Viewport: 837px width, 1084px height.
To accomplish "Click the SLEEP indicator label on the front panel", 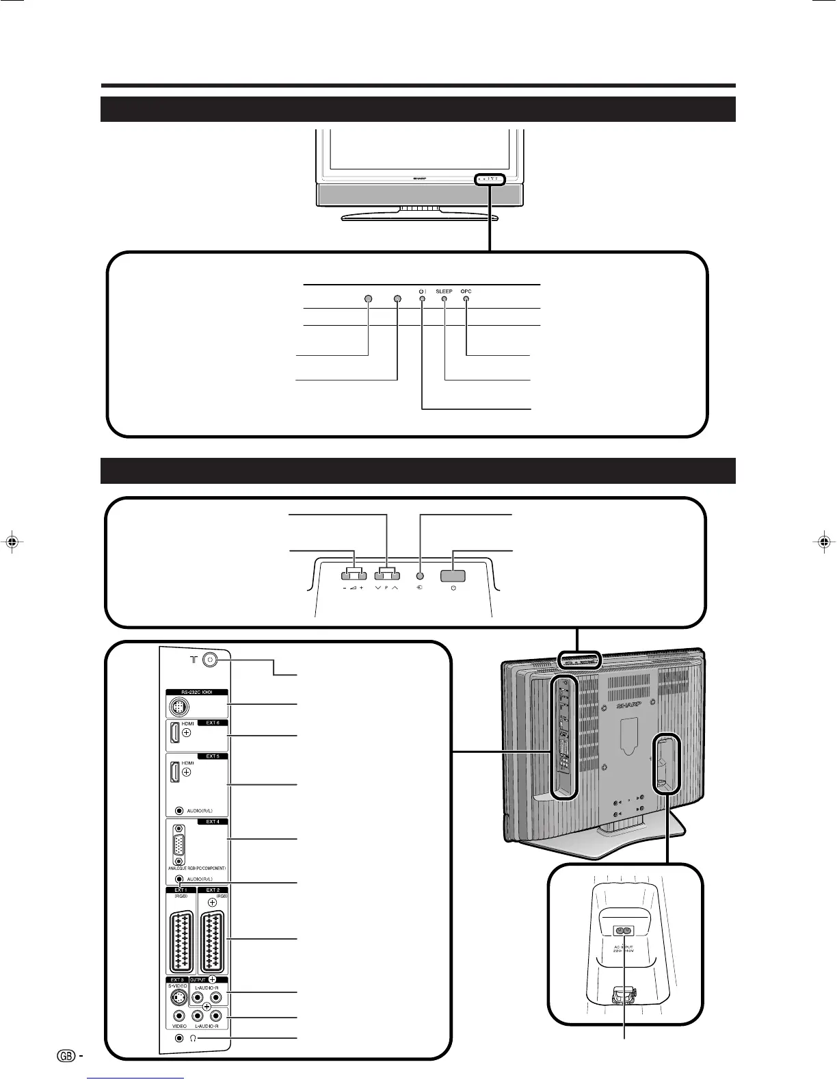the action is tap(444, 292).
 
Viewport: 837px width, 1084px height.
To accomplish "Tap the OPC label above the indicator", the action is tap(466, 292).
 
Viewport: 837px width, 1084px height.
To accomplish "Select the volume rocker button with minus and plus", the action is tap(353, 576).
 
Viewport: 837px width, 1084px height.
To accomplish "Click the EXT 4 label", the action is tap(213, 821).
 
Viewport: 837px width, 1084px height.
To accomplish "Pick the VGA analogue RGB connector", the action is tap(179, 845).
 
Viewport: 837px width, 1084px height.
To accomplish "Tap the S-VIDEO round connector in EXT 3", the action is tap(178, 997).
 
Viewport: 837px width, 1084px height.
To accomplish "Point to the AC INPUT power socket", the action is tap(623, 931).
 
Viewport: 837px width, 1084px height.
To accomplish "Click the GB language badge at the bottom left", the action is tap(66, 1056).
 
